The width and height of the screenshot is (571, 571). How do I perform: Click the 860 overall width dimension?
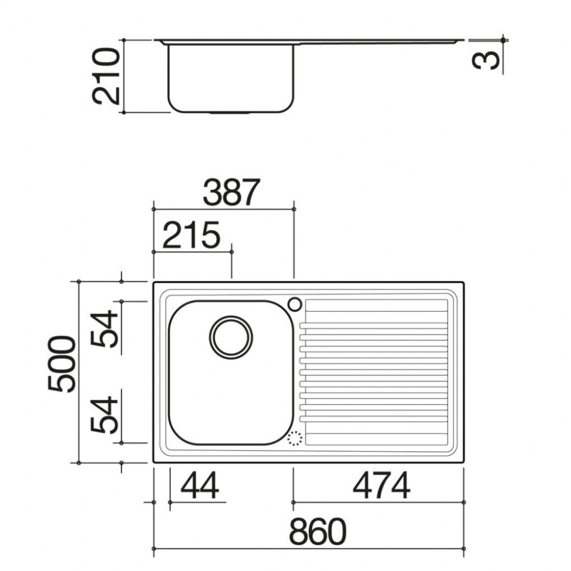(317, 532)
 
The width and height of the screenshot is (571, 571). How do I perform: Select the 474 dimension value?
(381, 486)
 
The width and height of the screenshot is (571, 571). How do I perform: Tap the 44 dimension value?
(200, 486)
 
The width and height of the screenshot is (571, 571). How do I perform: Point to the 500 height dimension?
(62, 364)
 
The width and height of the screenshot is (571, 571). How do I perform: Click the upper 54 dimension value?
(106, 330)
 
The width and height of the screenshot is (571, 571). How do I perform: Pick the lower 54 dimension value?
(106, 414)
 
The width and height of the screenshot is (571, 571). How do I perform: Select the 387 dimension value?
(231, 193)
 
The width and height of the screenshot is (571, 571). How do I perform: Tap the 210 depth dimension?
(107, 76)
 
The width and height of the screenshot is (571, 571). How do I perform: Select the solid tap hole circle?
(295, 304)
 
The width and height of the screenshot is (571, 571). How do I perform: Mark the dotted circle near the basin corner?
(294, 439)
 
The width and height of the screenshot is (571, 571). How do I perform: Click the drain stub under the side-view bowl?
(230, 112)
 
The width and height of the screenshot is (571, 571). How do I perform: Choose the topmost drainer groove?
(375, 313)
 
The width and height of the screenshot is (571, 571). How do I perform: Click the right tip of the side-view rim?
(463, 41)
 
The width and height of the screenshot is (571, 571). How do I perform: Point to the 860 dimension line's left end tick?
(154, 550)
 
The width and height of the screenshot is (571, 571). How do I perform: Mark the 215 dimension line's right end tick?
(232, 251)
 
